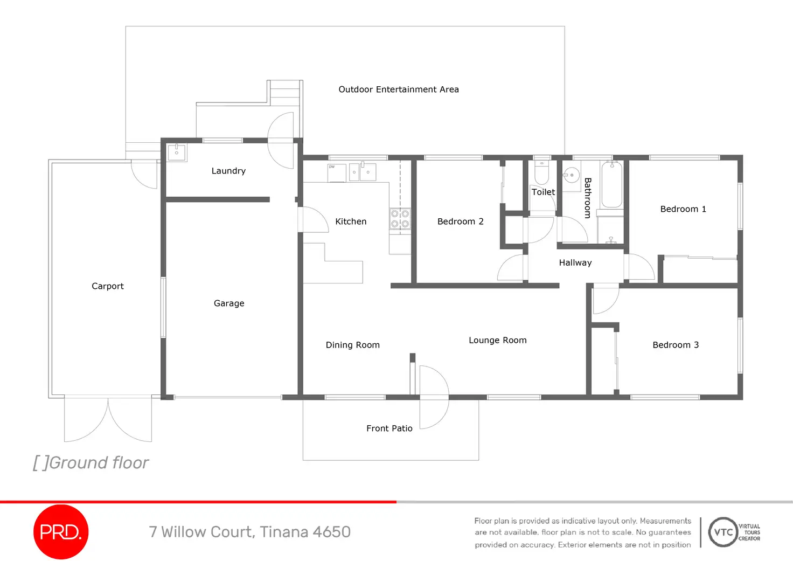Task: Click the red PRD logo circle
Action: coord(61,531)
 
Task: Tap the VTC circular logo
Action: coord(723,532)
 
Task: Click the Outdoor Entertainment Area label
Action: coord(399,89)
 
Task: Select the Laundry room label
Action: coord(228,171)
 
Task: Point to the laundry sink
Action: coord(177,153)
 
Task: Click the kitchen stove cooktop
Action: coord(400,219)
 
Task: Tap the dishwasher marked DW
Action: coord(337,173)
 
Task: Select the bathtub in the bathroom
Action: coord(612,184)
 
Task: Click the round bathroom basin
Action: coord(571,175)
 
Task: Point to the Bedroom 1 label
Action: coord(683,209)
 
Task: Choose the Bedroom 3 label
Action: coord(676,345)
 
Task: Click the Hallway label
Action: coord(575,263)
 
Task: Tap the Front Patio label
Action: coord(389,428)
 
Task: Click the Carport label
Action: coord(108,286)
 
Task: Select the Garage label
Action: coord(229,303)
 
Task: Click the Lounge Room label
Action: coord(498,341)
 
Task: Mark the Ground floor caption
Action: coord(91,463)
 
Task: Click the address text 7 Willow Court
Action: coord(201,532)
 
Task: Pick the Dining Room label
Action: coord(353,345)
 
